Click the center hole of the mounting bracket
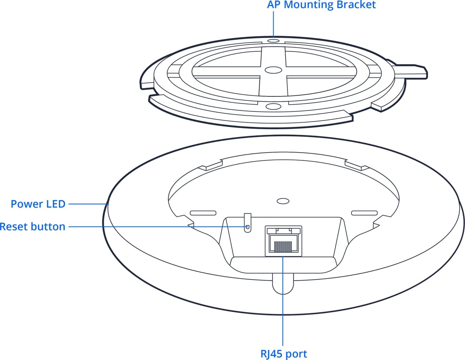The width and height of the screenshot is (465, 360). tap(273, 70)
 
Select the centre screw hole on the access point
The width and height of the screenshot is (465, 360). tap(283, 201)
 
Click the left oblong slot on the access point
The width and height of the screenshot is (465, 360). tap(203, 213)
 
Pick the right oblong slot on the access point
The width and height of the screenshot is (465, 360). tap(364, 213)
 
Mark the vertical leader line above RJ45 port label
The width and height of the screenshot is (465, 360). tap(283, 310)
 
